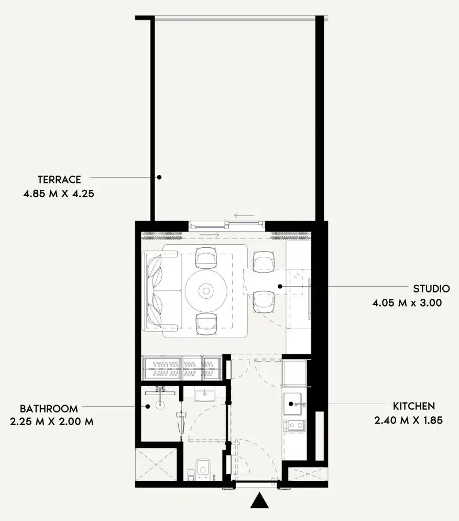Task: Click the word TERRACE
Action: pos(59,180)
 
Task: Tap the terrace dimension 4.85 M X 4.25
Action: pos(59,194)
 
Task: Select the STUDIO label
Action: pos(431,289)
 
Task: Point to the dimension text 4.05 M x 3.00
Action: pos(407,303)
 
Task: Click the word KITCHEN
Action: pos(414,406)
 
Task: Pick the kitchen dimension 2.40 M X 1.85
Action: pos(409,420)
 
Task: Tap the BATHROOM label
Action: pos(49,408)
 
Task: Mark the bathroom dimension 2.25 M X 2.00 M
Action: pos(52,421)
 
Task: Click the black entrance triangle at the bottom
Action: pos(260,501)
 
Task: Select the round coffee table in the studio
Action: pos(206,291)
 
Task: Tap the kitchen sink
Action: pos(292,404)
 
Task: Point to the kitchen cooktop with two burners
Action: pos(294,425)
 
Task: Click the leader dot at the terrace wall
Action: pos(159,178)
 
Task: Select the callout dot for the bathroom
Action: pos(148,406)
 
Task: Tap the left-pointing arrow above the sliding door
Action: pos(244,215)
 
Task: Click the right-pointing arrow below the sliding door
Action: pos(210,235)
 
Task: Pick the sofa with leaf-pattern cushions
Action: pos(162,291)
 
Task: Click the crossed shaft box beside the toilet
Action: pos(156,464)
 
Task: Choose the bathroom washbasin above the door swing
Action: pos(204,395)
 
